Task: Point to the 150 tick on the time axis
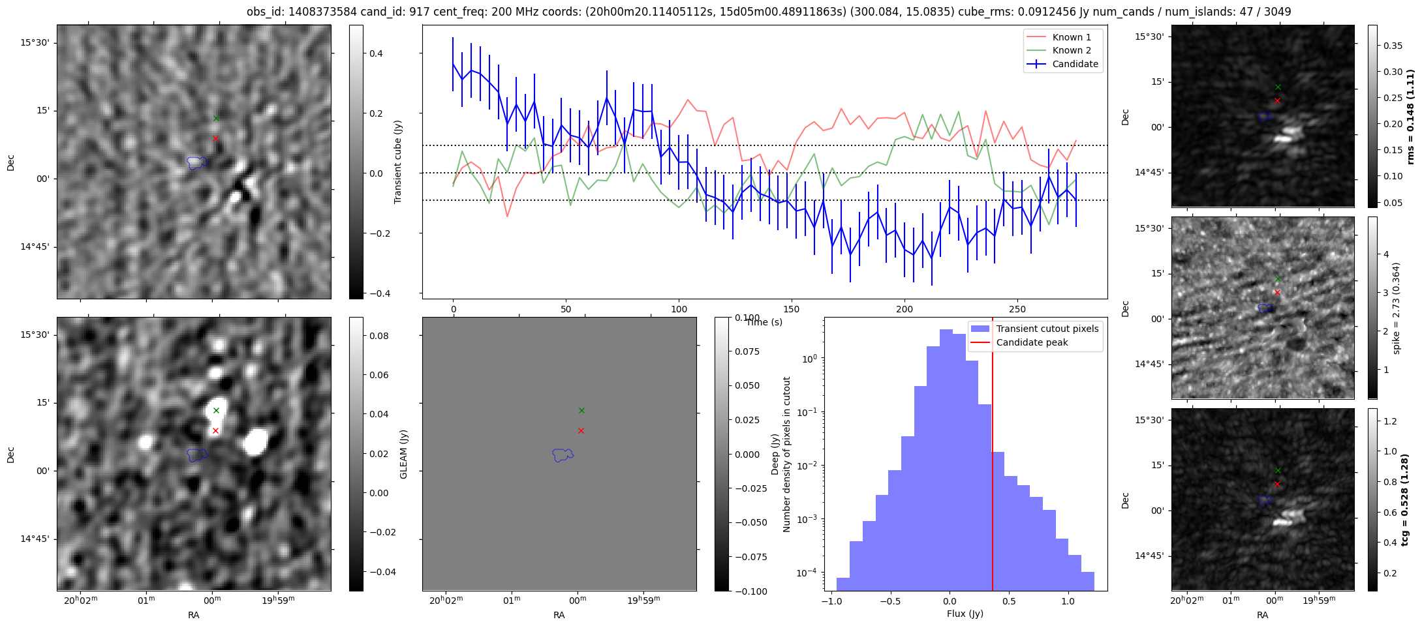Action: (x=792, y=309)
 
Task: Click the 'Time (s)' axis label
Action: (x=764, y=322)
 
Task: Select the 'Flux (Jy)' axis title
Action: (x=965, y=614)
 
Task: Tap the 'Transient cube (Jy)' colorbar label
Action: (x=398, y=162)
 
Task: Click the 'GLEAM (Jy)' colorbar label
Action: (x=403, y=455)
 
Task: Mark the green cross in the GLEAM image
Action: (x=216, y=410)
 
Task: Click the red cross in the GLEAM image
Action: (x=215, y=430)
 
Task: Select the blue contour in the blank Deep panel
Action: (x=562, y=455)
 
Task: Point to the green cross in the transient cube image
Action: (x=216, y=118)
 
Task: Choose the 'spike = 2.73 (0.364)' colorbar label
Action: (x=1396, y=308)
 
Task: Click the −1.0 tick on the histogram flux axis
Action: (x=831, y=601)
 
